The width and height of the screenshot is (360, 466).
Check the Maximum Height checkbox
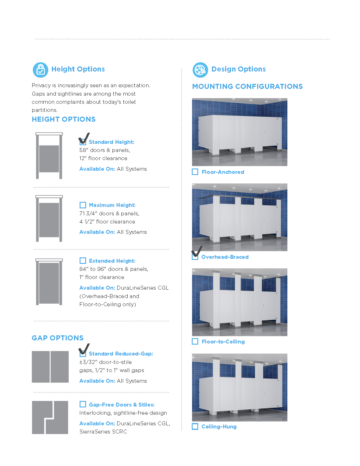[82, 205]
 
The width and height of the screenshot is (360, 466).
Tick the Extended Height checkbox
[82, 260]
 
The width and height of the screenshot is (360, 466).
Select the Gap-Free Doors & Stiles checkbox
[82, 404]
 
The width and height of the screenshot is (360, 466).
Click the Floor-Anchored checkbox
[195, 172]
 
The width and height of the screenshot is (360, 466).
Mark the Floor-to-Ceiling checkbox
[195, 342]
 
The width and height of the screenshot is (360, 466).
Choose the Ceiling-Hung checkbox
[195, 426]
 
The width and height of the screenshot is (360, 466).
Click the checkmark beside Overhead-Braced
[197, 251]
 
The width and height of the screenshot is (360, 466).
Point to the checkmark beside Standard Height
[84, 138]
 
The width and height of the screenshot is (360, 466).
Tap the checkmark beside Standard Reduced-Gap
[84, 349]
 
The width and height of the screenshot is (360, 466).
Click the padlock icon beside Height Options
[40, 70]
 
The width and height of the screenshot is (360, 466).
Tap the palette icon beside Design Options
[200, 70]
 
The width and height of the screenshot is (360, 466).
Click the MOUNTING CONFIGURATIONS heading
[247, 86]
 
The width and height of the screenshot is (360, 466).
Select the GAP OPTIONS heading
[57, 338]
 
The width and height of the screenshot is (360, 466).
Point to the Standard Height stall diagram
[49, 156]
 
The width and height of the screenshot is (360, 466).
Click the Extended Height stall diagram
[49, 282]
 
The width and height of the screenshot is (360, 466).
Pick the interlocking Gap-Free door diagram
[50, 417]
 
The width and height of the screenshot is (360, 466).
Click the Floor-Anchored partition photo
[239, 132]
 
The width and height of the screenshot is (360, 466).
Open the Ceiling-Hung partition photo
[239, 387]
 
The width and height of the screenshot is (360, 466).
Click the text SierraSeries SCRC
[103, 432]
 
